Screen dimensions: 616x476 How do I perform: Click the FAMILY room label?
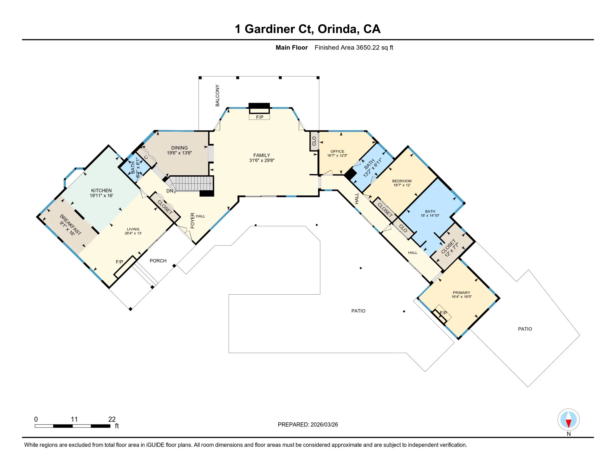pyautogui.click(x=262, y=155)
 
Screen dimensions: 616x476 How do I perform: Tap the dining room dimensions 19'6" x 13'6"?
pyautogui.click(x=179, y=153)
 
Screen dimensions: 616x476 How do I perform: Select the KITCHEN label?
pyautogui.click(x=101, y=190)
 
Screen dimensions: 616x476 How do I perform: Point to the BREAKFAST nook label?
pyautogui.click(x=71, y=225)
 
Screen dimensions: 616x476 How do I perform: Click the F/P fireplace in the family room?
pyautogui.click(x=260, y=117)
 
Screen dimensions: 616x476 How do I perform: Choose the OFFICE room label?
pyautogui.click(x=337, y=151)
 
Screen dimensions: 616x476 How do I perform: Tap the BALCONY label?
pyautogui.click(x=218, y=95)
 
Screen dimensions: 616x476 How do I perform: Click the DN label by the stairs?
pyautogui.click(x=169, y=191)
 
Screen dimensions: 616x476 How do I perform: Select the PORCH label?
pyautogui.click(x=158, y=261)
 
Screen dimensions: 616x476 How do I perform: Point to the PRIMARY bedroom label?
pyautogui.click(x=461, y=293)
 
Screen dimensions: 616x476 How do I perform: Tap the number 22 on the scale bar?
pyautogui.click(x=112, y=419)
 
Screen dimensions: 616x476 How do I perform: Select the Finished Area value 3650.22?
pyautogui.click(x=368, y=47)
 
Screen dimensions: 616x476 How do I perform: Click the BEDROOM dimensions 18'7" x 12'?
pyautogui.click(x=402, y=185)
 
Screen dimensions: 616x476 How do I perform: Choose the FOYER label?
pyautogui.click(x=193, y=220)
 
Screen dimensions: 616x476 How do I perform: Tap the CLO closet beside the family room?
pyautogui.click(x=314, y=141)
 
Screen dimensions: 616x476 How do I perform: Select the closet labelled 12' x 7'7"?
pyautogui.click(x=451, y=248)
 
